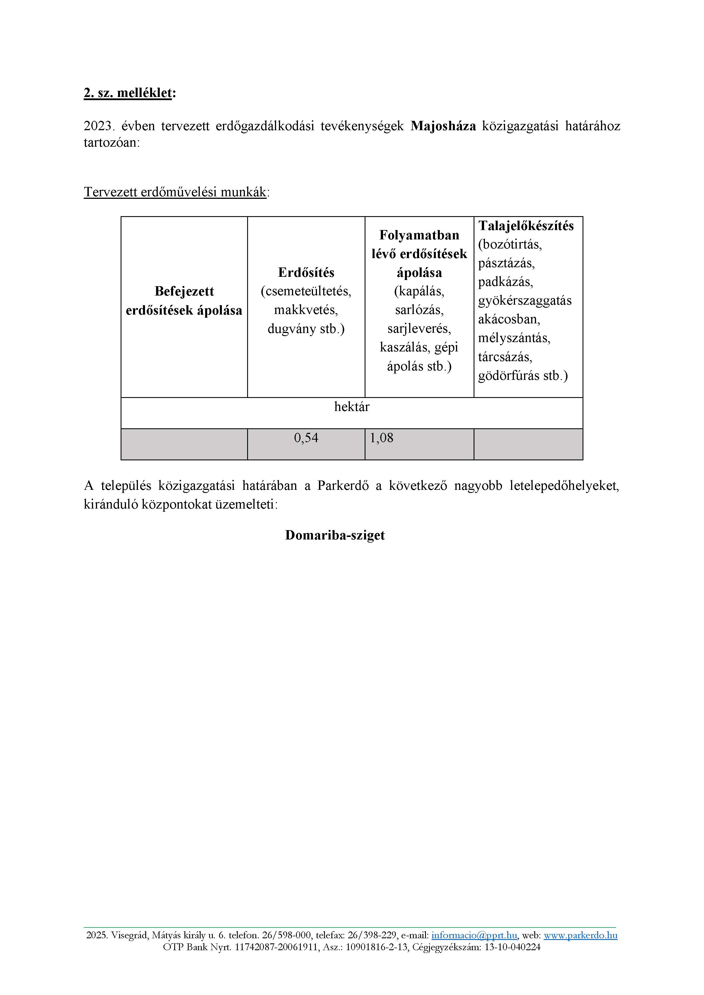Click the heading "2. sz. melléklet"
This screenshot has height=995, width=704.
(129, 93)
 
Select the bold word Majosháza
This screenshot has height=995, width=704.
(443, 126)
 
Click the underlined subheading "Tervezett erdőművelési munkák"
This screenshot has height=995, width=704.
(175, 192)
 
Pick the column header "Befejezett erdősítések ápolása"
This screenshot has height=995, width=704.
(184, 301)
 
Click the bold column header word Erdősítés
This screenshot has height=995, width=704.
(306, 273)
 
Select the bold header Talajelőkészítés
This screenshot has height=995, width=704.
(526, 226)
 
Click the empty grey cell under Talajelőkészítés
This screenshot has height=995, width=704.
(528, 444)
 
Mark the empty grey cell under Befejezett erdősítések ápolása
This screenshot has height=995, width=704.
(184, 444)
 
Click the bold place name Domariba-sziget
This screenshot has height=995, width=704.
(335, 535)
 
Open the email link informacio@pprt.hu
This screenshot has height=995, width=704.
(474, 935)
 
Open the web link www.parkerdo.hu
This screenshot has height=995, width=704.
(581, 935)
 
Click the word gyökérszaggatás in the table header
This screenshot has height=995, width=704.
(525, 301)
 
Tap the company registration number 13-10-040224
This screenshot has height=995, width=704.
(512, 947)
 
